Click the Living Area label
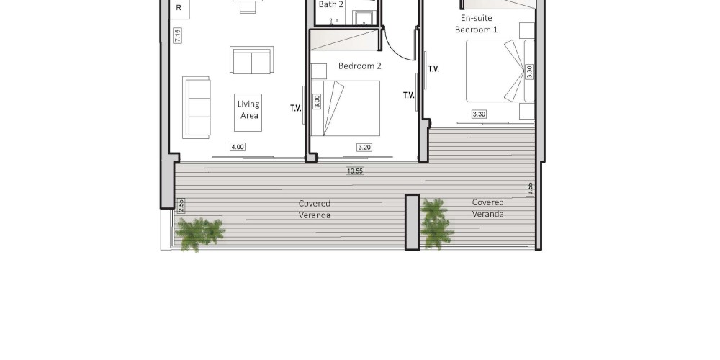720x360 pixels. tap(248, 109)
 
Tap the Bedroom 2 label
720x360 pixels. tap(360, 66)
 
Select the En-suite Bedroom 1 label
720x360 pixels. tap(476, 24)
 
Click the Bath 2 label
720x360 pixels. tap(331, 4)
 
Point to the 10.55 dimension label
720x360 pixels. tap(355, 171)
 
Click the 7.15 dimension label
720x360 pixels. tap(177, 35)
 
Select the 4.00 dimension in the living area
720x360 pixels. tap(238, 147)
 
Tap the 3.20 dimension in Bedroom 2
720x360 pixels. tap(364, 148)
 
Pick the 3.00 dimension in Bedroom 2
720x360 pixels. tap(317, 102)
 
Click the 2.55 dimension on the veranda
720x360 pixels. tap(181, 205)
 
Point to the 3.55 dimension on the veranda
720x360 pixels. tap(531, 189)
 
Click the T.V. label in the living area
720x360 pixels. tap(296, 109)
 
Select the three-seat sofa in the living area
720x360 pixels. tap(196, 107)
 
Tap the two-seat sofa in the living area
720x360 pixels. tap(251, 60)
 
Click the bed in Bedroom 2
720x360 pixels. tap(346, 109)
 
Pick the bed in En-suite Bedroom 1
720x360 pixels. tap(500, 71)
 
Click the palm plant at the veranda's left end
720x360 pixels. tap(199, 233)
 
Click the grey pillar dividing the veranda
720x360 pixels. tap(413, 222)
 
